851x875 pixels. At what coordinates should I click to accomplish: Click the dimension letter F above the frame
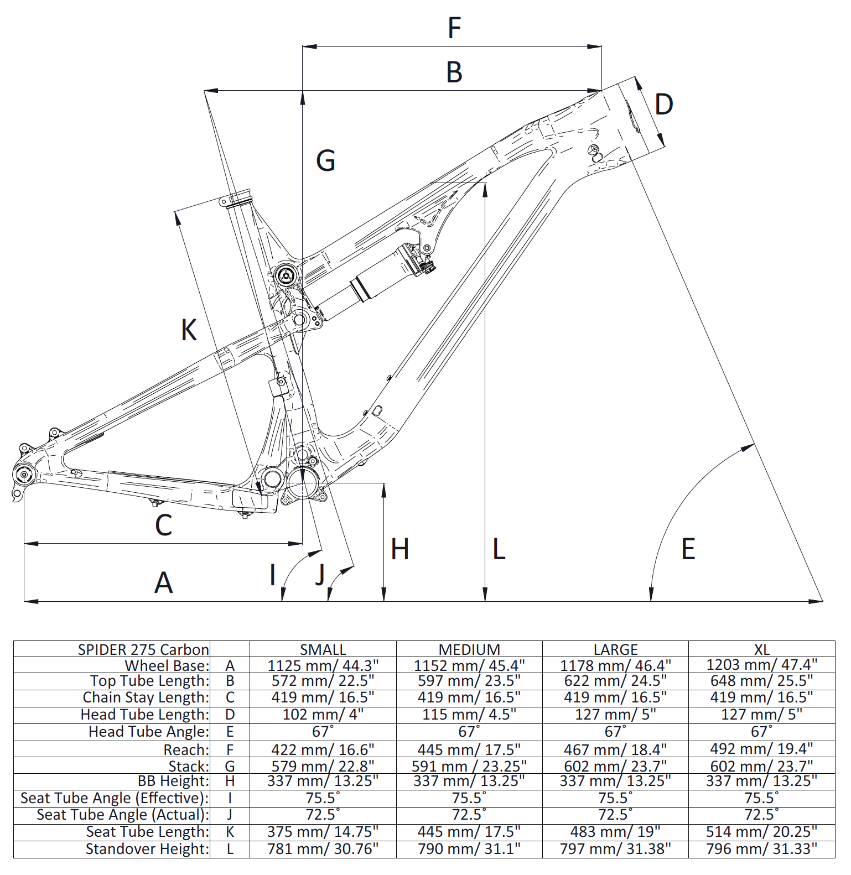click(454, 28)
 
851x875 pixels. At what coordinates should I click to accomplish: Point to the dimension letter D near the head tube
click(663, 105)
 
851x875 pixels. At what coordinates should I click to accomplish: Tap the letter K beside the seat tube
click(189, 330)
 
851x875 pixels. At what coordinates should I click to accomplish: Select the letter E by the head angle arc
click(688, 549)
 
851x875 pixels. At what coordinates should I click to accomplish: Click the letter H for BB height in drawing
click(399, 549)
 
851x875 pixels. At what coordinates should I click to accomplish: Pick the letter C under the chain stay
click(164, 525)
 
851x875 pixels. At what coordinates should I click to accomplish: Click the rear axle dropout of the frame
click(23, 475)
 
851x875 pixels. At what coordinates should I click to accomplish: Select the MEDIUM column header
click(469, 649)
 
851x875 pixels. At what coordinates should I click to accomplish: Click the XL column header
click(761, 649)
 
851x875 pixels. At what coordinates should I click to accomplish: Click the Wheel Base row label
click(167, 665)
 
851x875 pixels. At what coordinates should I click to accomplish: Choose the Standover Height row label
click(147, 849)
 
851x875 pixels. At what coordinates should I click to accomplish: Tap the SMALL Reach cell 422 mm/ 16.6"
click(323, 749)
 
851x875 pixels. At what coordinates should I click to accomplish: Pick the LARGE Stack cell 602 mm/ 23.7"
click(615, 766)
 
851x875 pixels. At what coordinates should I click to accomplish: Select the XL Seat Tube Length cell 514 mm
click(761, 831)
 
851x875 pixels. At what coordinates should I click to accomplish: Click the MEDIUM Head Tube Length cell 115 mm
click(469, 715)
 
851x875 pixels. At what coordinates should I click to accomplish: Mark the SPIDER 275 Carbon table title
click(143, 649)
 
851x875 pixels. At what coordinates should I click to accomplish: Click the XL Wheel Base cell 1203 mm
click(761, 664)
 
